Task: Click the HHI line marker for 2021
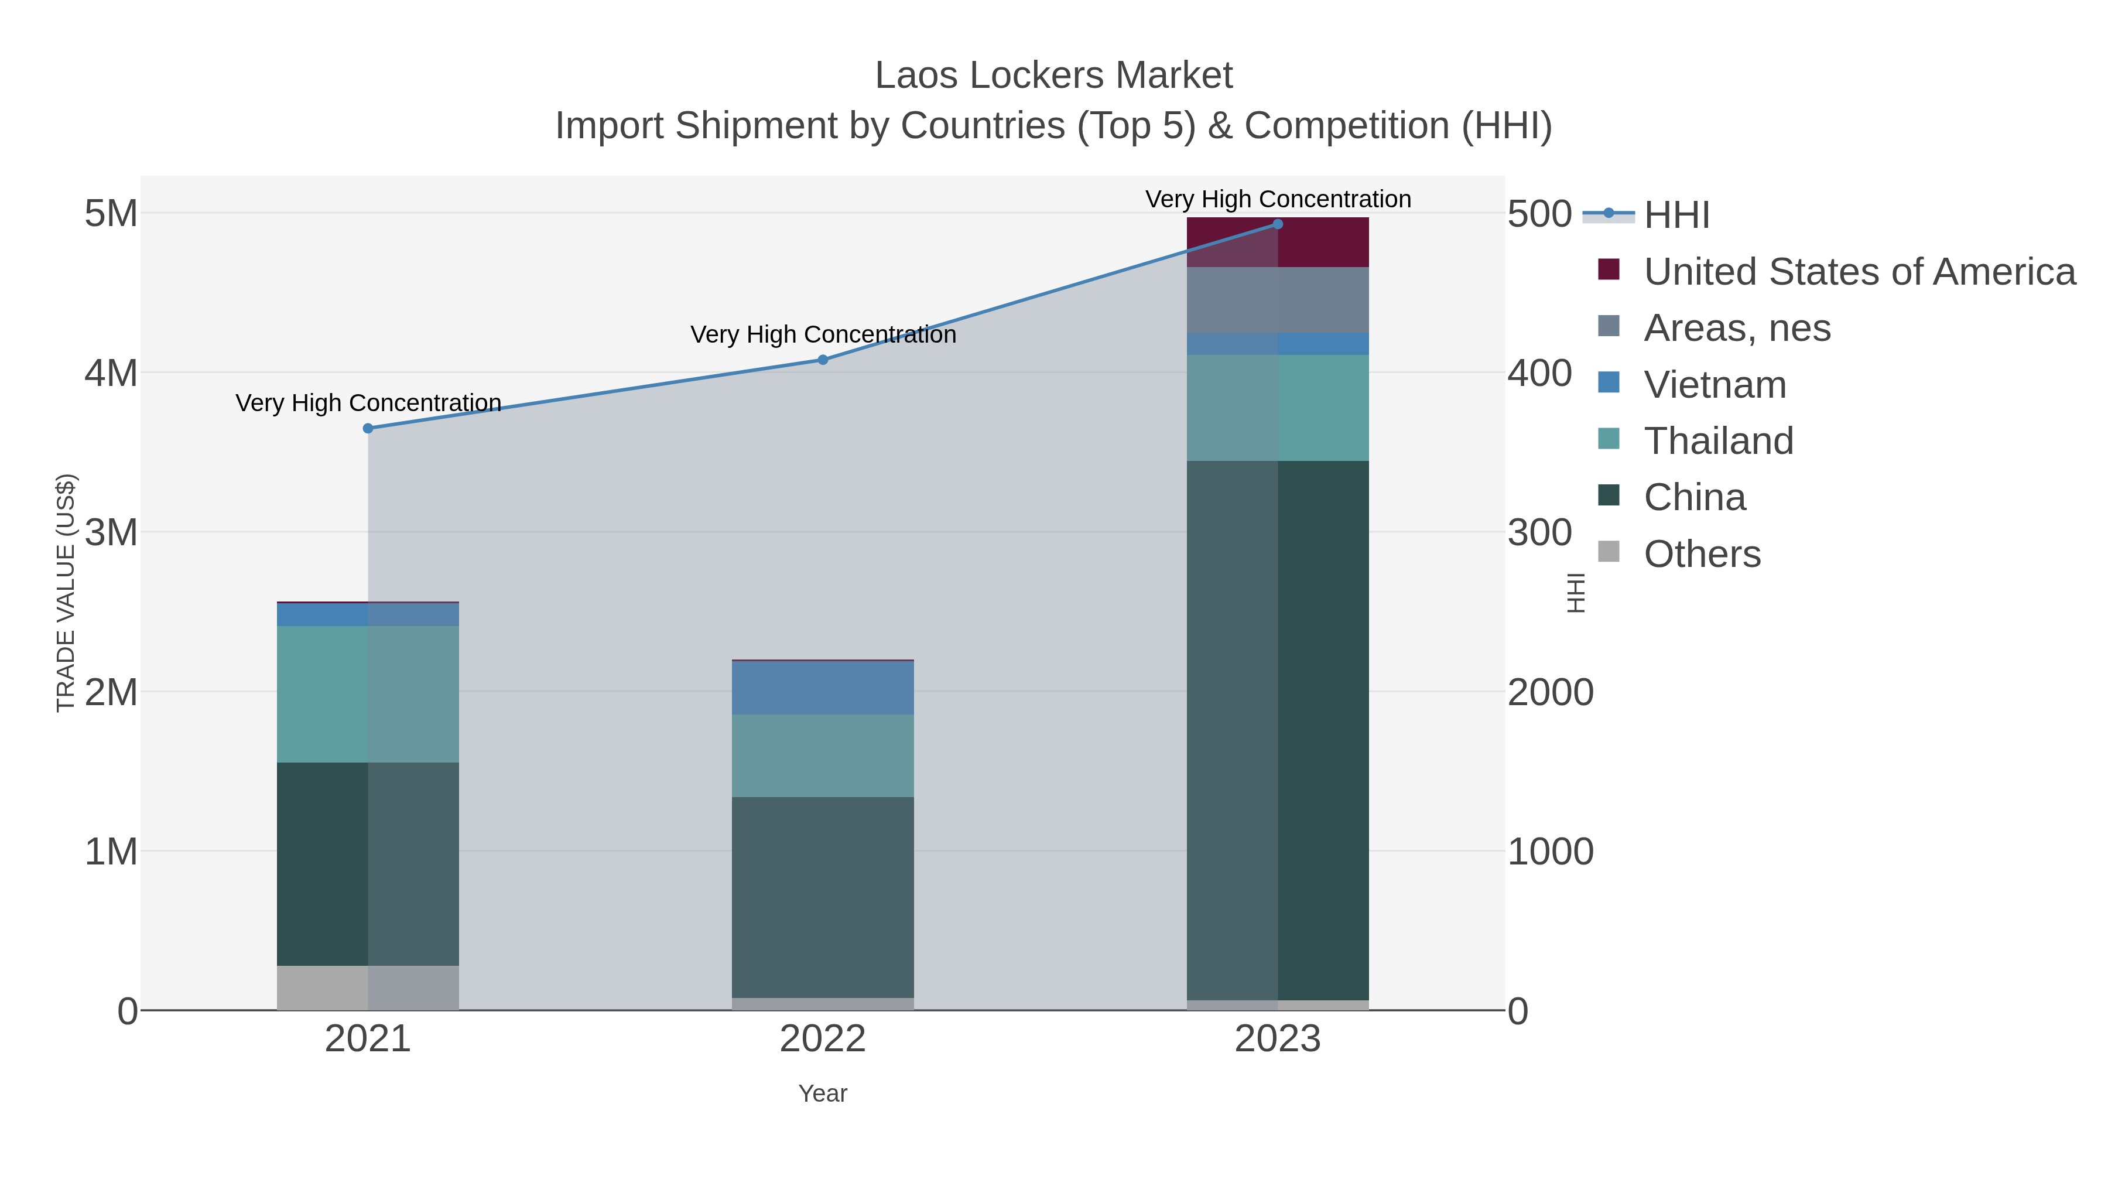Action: tap(367, 428)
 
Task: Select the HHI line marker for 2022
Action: tap(823, 360)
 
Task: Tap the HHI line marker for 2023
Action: tap(1278, 224)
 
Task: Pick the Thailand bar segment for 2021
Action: tap(367, 694)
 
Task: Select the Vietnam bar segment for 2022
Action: tap(823, 688)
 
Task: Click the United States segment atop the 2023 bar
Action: tap(1278, 242)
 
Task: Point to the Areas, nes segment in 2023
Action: tap(1278, 299)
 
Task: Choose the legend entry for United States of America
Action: tap(1859, 271)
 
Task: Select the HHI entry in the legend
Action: tap(1676, 214)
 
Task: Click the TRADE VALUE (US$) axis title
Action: tap(66, 593)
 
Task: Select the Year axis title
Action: tap(823, 1093)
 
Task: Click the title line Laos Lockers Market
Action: tap(1053, 76)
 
